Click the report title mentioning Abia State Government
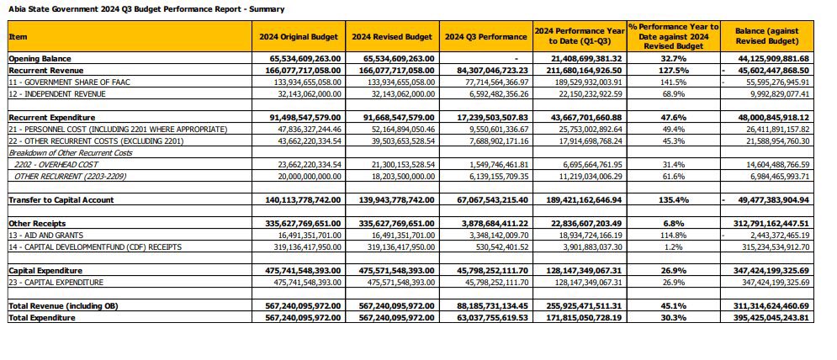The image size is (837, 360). tap(146, 9)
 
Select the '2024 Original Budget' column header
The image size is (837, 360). tap(299, 37)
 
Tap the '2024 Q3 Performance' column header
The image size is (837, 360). tap(485, 37)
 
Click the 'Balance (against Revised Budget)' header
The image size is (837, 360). tap(771, 36)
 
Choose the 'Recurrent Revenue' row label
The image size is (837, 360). tap(42, 71)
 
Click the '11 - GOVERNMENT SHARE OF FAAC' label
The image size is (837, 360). tap(69, 82)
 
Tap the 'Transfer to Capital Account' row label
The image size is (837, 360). tap(61, 200)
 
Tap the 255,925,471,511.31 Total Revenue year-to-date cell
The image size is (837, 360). tap(580, 306)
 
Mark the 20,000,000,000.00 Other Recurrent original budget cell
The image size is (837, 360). tap(299, 177)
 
